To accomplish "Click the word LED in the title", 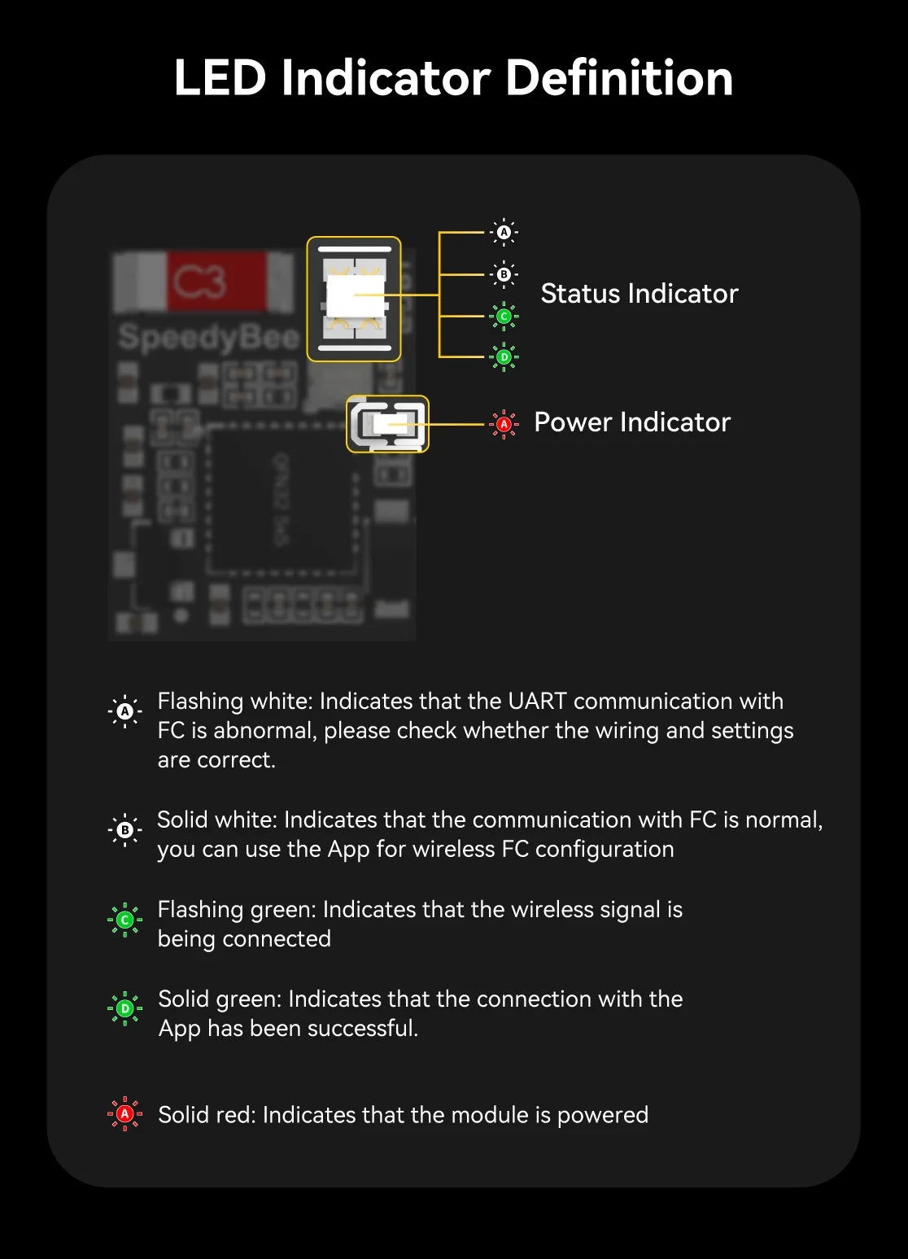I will coord(220,78).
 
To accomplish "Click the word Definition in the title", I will coord(619,78).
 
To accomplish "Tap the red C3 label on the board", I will coord(199,282).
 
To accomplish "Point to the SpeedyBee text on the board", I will coord(208,336).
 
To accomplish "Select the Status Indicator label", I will coord(639,293).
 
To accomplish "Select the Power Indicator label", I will coord(631,422).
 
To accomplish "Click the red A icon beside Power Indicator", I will coord(504,424).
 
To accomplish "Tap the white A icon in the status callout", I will coord(504,232).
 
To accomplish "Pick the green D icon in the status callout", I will coord(504,356).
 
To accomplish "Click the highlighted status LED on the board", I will coord(354,299).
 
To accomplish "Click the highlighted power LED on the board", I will coord(388,424).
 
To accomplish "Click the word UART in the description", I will coord(537,701).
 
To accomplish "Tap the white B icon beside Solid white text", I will coord(124,830).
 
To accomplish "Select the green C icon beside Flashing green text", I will coord(124,920).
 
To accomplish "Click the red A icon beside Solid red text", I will coord(124,1113).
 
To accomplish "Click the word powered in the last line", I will coord(602,1115).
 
